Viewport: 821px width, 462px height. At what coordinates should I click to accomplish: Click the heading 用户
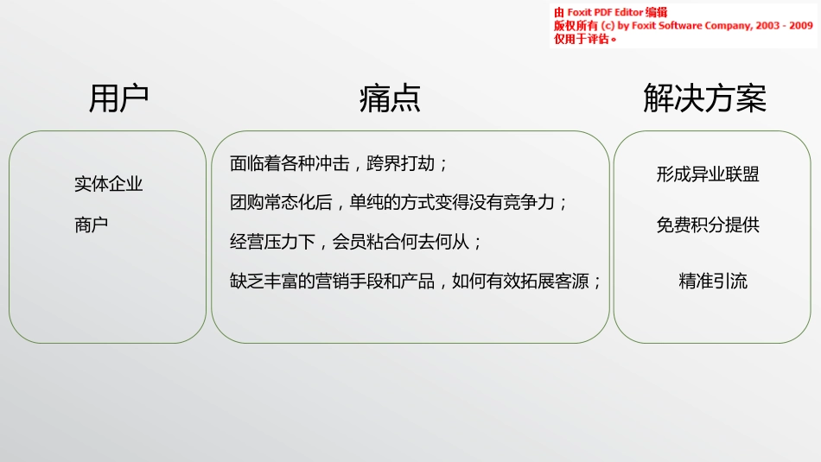[x=118, y=98]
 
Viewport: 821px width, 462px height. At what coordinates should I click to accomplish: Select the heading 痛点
[x=390, y=98]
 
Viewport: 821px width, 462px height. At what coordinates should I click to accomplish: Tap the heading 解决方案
[x=704, y=98]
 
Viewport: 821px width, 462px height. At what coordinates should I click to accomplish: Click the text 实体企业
[x=108, y=184]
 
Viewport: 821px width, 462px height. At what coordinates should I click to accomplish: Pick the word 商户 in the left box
[x=91, y=225]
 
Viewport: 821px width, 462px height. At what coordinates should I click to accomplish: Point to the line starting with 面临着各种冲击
[x=339, y=162]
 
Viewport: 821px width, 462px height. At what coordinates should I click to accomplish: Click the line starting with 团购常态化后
[x=398, y=203]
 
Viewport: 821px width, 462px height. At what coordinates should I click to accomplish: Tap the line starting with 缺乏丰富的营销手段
[x=416, y=282]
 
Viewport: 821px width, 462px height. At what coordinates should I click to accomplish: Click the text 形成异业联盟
[x=708, y=174]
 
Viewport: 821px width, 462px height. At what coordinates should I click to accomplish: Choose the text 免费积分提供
[x=708, y=225]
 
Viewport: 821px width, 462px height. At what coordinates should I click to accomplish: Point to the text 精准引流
[x=713, y=281]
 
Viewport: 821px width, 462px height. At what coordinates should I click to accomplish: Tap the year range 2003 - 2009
[x=785, y=26]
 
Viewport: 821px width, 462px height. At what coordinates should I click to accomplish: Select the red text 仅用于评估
[x=584, y=39]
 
